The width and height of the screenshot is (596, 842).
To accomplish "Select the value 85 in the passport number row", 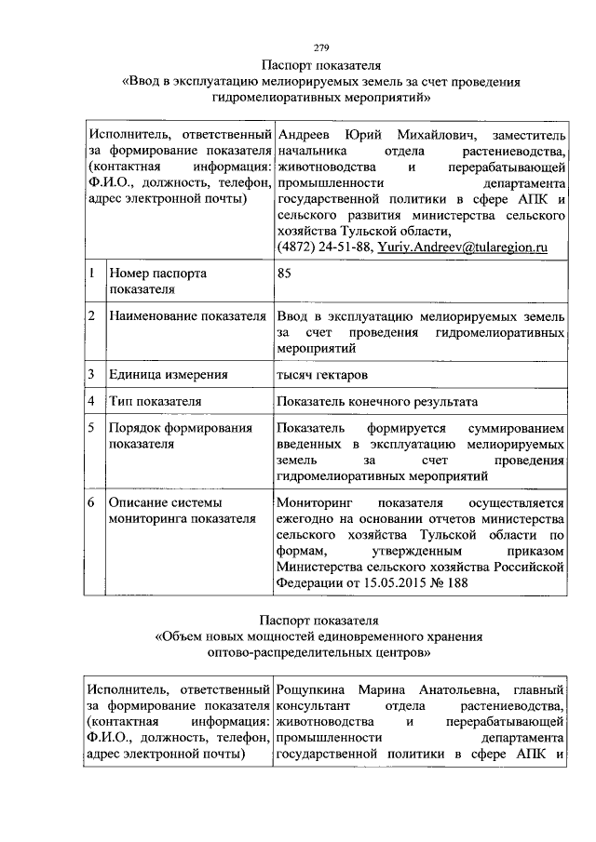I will [284, 274].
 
